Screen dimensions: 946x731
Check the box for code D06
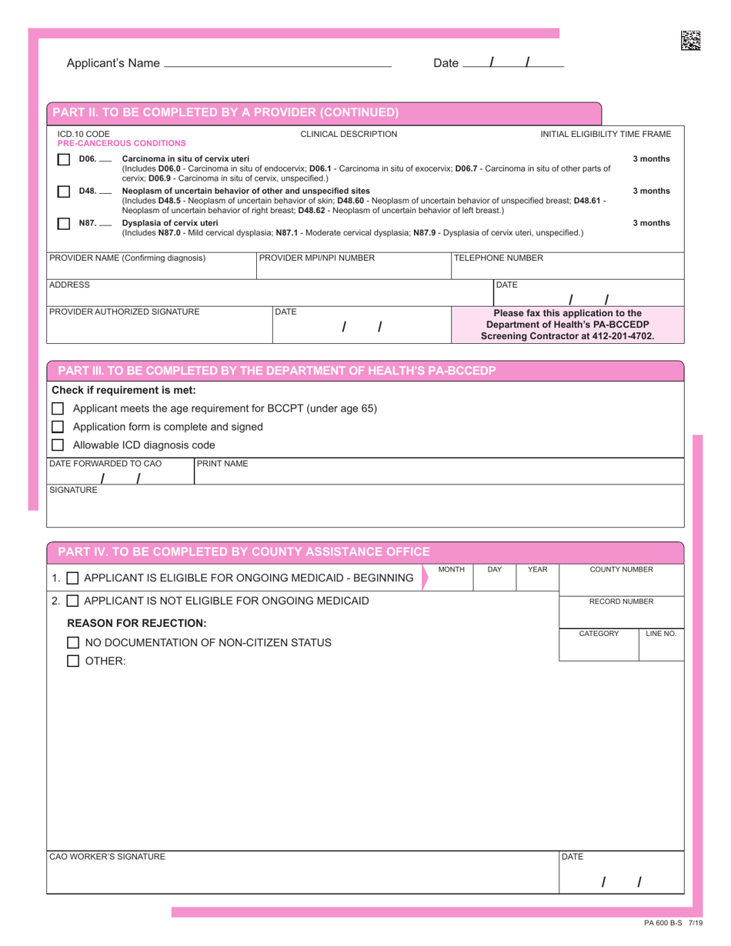click(x=64, y=160)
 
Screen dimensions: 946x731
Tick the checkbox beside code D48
click(x=64, y=192)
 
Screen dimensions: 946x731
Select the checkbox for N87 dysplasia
click(x=64, y=224)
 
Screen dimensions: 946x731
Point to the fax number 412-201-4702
click(x=626, y=336)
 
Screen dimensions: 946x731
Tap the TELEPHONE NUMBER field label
click(x=499, y=258)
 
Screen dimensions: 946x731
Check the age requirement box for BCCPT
click(x=57, y=408)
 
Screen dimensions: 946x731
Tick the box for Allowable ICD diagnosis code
click(x=57, y=445)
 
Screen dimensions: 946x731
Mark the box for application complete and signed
click(x=57, y=427)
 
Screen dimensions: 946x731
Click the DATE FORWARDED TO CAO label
click(x=105, y=464)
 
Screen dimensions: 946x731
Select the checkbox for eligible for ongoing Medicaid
click(x=72, y=578)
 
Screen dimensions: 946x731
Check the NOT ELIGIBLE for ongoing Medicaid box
click(x=72, y=601)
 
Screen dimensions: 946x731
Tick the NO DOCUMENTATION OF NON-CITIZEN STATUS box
click(x=73, y=642)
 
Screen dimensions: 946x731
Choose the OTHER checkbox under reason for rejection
click(x=73, y=661)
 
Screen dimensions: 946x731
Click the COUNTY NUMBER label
click(x=621, y=570)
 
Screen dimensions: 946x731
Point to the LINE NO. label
click(x=660, y=634)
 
